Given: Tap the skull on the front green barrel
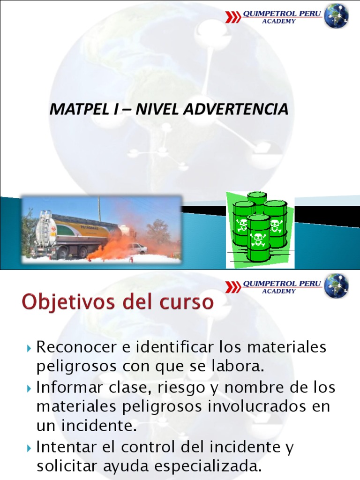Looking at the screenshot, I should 258,239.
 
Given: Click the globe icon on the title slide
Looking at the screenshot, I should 337,16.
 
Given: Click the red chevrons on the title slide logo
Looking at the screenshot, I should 233,17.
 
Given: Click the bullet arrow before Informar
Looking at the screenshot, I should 30,389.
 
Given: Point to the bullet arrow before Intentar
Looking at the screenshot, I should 30,448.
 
